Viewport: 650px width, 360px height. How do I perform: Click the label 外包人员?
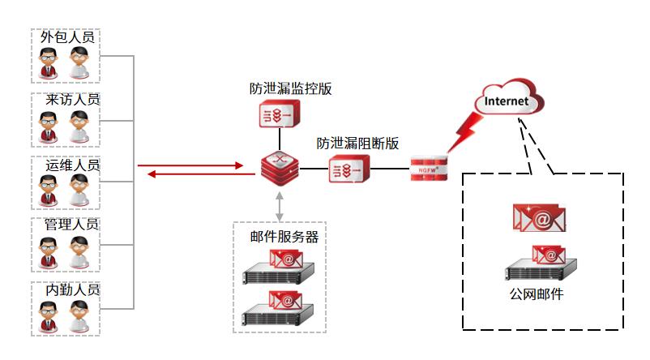point(67,37)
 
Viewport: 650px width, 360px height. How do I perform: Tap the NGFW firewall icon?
point(429,169)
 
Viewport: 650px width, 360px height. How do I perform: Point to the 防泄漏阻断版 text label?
point(357,144)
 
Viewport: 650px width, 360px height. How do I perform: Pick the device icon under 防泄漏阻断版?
point(350,171)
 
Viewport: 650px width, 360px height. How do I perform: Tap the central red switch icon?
point(280,169)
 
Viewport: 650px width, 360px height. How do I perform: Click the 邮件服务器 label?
point(284,238)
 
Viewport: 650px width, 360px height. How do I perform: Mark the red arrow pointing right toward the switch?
point(190,165)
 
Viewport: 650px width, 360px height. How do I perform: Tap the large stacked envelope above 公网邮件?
point(538,217)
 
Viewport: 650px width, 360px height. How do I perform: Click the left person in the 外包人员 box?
point(49,64)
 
